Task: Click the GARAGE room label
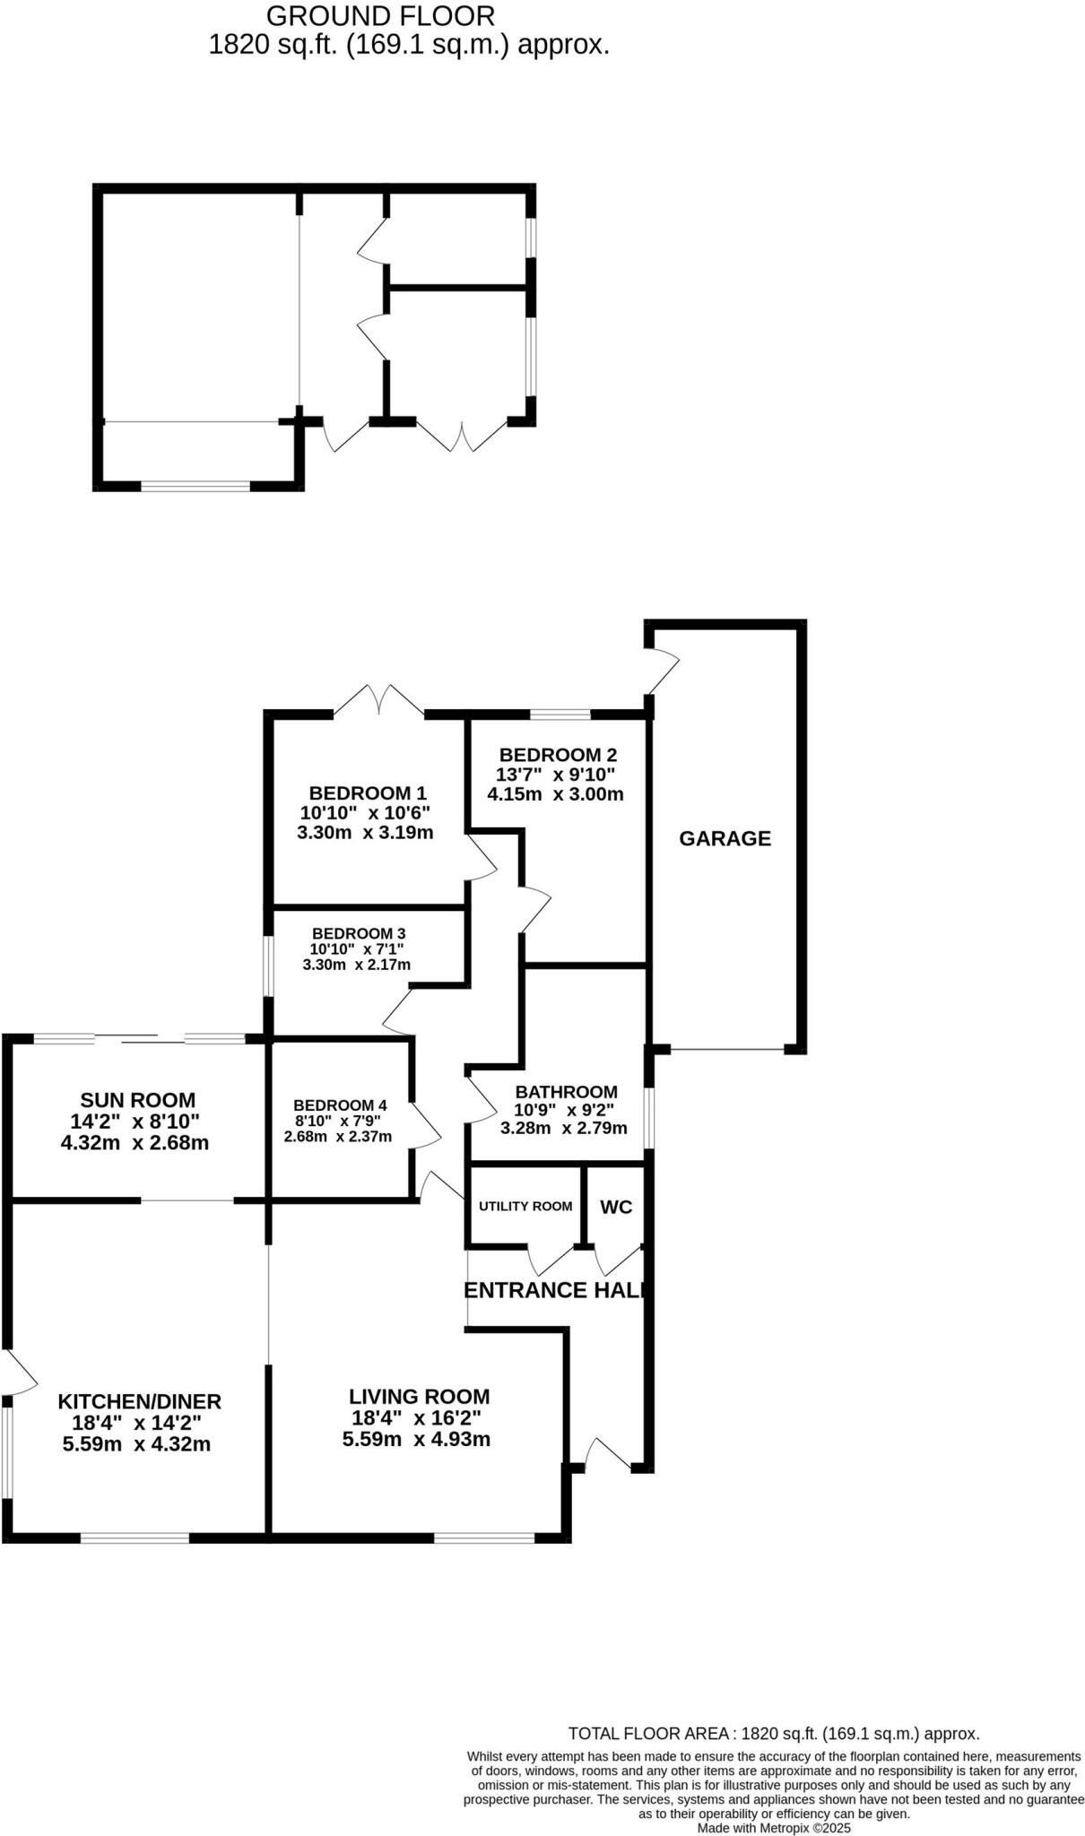pyautogui.click(x=725, y=838)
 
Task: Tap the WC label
pyautogui.click(x=616, y=1207)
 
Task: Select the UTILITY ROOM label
pyautogui.click(x=525, y=1206)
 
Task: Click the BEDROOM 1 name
pyautogui.click(x=368, y=792)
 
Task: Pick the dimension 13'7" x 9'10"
pyautogui.click(x=556, y=775)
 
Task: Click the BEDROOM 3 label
pyautogui.click(x=359, y=933)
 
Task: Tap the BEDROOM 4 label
pyautogui.click(x=340, y=1105)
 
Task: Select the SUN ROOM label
pyautogui.click(x=137, y=1100)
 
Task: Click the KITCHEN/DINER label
pyautogui.click(x=139, y=1401)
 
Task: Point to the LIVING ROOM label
pyautogui.click(x=419, y=1396)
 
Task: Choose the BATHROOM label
pyautogui.click(x=566, y=1092)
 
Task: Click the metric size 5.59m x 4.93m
pyautogui.click(x=416, y=1440)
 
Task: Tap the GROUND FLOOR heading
pyautogui.click(x=380, y=16)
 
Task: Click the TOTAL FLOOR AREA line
pyautogui.click(x=774, y=1734)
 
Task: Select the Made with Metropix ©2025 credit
pyautogui.click(x=774, y=1827)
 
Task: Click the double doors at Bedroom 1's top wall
pyautogui.click(x=379, y=700)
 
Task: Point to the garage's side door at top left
pyautogui.click(x=663, y=669)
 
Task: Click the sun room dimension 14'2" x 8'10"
pyautogui.click(x=135, y=1121)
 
